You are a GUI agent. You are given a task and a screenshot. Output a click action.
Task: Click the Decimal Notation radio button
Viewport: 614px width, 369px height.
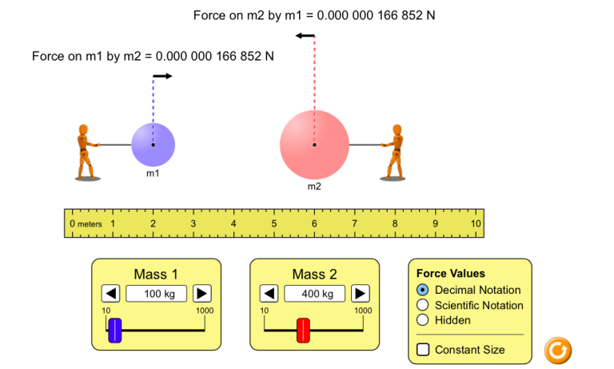(x=422, y=290)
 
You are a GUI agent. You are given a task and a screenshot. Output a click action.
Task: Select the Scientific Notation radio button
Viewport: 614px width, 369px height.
(x=422, y=305)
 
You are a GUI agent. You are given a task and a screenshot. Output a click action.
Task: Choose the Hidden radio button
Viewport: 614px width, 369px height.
(x=422, y=320)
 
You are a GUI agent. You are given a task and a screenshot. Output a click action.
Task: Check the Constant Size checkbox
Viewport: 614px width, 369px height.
(x=423, y=350)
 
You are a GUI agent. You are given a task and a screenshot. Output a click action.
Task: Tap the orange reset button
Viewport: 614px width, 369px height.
(x=557, y=351)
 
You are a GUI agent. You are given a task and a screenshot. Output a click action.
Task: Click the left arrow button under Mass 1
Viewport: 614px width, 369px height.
(x=111, y=293)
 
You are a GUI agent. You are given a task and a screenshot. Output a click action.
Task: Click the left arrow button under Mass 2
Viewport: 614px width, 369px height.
(x=269, y=293)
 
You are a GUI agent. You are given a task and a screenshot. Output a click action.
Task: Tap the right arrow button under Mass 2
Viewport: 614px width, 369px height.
(x=361, y=293)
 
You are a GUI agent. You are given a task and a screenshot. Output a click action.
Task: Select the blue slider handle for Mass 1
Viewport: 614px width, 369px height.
(x=115, y=331)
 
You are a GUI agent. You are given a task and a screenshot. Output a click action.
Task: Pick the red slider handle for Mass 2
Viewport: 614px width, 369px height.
(x=303, y=331)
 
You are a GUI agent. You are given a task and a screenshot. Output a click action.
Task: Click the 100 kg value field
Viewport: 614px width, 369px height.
(x=156, y=294)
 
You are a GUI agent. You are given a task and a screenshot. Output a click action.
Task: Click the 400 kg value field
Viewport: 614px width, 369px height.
(x=314, y=294)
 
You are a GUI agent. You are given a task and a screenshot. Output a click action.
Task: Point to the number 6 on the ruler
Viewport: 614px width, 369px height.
(x=314, y=223)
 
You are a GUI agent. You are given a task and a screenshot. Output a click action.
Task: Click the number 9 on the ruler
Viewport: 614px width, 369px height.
(x=435, y=223)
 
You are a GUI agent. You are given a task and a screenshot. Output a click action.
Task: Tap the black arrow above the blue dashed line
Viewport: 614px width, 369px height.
(x=162, y=76)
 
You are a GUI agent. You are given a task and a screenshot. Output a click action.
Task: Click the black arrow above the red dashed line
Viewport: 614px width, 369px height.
(x=305, y=36)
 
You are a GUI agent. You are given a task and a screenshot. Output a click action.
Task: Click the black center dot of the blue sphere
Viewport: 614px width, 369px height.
(x=153, y=145)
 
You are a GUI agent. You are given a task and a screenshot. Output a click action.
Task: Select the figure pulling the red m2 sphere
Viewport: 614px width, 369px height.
(x=393, y=153)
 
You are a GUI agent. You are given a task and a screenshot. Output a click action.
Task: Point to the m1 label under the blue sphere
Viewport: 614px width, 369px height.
(x=153, y=174)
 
